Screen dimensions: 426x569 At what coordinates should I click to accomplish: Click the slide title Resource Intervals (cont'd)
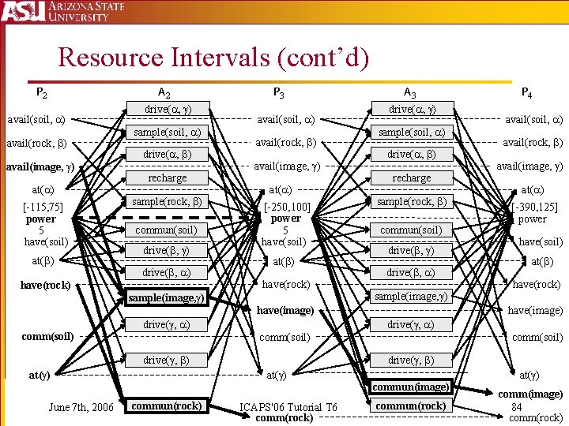(213, 57)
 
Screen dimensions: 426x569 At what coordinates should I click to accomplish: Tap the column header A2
(166, 92)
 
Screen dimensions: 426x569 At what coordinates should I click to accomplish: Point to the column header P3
(279, 93)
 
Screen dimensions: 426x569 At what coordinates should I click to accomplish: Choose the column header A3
(411, 92)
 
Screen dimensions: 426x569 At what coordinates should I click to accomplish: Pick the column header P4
(526, 93)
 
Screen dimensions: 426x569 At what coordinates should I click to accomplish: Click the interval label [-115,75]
(44, 207)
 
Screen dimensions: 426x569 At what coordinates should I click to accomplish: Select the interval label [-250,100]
(286, 207)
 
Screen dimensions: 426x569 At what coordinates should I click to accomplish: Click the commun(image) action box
(411, 387)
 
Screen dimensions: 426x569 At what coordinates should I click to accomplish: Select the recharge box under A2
(168, 178)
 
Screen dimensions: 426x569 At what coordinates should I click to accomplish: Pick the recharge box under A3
(412, 178)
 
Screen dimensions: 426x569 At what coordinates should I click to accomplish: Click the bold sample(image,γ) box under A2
(167, 298)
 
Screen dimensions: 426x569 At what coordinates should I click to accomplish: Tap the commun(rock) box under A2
(167, 405)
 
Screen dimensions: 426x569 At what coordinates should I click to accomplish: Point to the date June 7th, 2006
(81, 407)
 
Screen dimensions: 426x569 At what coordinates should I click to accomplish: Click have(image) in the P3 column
(285, 311)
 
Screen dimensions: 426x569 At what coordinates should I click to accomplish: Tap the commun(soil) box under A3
(412, 230)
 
